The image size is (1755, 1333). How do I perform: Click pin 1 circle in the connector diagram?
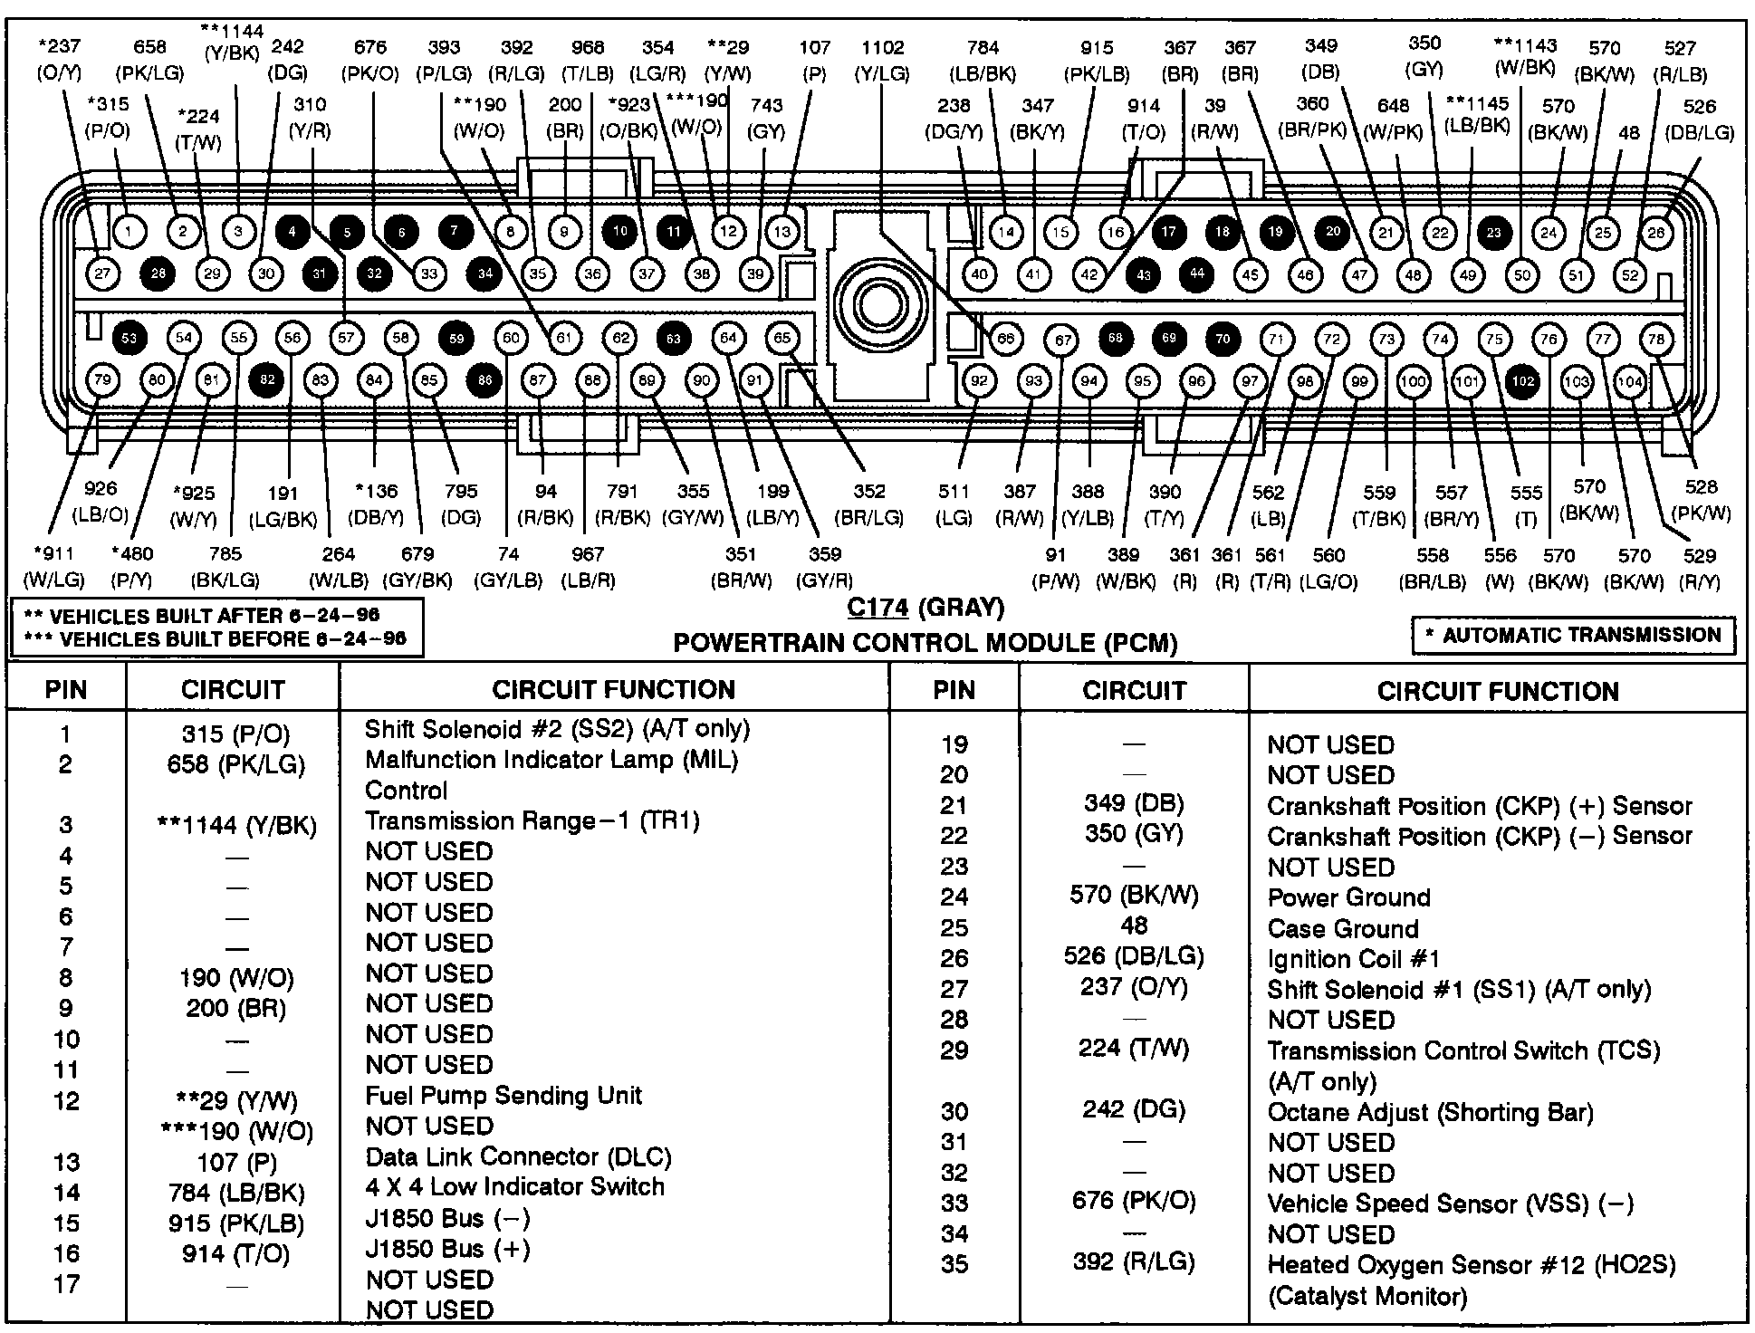[129, 232]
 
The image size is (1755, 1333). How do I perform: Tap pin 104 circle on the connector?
[1630, 381]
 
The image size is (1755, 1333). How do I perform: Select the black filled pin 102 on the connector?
[1523, 381]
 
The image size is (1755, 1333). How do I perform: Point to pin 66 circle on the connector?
[1005, 339]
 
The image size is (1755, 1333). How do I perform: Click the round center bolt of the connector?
[878, 304]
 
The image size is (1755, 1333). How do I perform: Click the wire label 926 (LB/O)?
[100, 502]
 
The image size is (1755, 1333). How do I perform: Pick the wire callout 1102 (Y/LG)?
[882, 60]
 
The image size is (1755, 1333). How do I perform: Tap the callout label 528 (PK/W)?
[1702, 500]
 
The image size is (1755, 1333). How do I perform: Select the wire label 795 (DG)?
[460, 503]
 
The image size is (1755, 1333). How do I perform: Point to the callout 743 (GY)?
[766, 118]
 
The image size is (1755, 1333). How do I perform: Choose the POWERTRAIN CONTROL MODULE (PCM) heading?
[925, 643]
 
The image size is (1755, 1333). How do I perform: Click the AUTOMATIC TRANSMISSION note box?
[1574, 635]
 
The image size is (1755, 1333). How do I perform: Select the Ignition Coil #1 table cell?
[1353, 958]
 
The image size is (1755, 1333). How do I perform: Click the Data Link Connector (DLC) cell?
[518, 1156]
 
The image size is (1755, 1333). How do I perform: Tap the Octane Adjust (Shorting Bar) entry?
[1430, 1111]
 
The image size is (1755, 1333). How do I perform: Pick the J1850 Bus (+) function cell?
[447, 1249]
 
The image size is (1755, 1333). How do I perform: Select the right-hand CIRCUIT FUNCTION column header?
[1497, 691]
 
